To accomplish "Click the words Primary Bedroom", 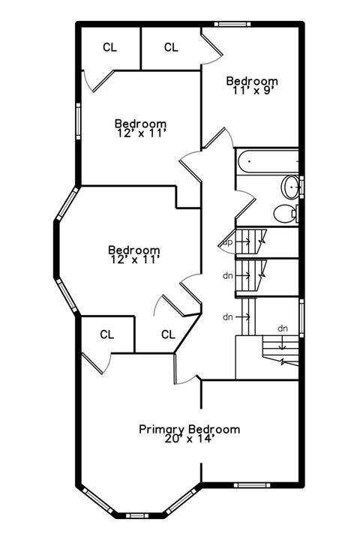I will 190,429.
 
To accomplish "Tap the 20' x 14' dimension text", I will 190,439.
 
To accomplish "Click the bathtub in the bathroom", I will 267,161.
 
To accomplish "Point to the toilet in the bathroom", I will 285,213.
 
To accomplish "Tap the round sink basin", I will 289,186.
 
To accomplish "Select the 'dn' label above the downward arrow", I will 283,328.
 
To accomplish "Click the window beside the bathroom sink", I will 301,185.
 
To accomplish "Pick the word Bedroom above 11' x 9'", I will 252,81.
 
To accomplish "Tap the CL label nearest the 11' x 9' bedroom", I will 171,47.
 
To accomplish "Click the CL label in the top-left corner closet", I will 109,47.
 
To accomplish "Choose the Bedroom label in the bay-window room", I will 133,250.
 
